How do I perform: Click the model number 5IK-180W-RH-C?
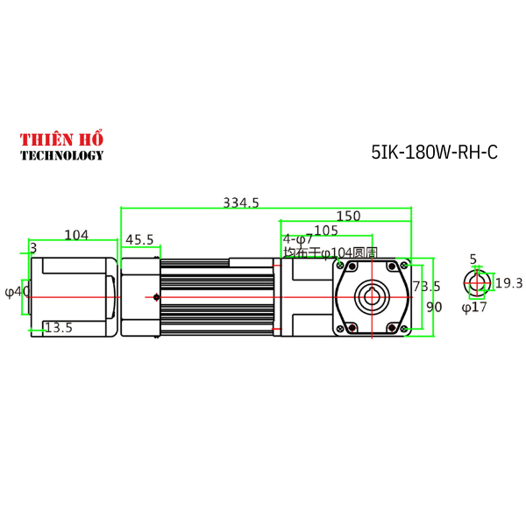(434, 152)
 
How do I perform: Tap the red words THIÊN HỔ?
(61, 139)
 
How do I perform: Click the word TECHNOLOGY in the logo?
(61, 156)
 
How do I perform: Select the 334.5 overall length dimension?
(241, 203)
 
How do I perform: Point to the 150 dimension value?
(348, 217)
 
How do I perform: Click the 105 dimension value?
(326, 230)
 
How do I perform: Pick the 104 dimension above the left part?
(76, 235)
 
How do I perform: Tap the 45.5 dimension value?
(139, 239)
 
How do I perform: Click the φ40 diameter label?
(17, 291)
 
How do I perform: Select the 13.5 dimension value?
(58, 328)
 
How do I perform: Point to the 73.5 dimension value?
(427, 287)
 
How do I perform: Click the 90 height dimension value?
(434, 308)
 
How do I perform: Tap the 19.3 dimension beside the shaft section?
(508, 283)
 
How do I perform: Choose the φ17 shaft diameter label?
(473, 308)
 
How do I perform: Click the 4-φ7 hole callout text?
(297, 239)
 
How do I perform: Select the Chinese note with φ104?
(329, 252)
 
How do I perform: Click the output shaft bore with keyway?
(372, 295)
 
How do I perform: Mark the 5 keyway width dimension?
(473, 259)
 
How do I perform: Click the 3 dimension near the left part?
(33, 249)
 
